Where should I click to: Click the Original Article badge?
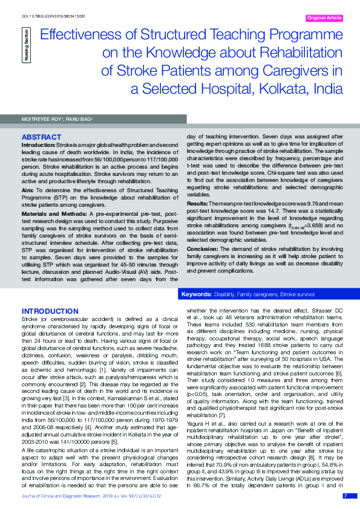tap(324, 19)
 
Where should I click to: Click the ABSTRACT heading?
tap(42, 138)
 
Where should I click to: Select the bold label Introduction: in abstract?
tap(39, 146)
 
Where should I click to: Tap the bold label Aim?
tap(27, 190)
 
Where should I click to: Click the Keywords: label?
tap(196, 294)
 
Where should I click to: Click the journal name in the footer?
tap(67, 496)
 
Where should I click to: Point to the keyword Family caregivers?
tap(258, 294)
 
